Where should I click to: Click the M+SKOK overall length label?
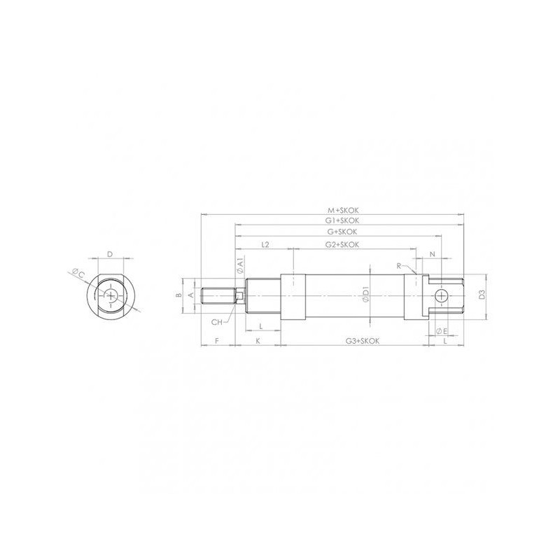343,209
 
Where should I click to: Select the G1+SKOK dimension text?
343,220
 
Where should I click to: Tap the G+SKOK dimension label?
343,232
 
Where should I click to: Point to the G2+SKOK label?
343,245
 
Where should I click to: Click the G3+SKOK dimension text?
363,341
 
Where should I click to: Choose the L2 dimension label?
265,245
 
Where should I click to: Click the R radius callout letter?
398,266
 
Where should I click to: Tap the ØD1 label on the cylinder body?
365,295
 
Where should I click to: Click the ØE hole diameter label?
441,330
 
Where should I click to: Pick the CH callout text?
217,322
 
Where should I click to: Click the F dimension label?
218,341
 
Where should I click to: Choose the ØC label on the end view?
78,273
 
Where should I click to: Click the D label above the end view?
110,254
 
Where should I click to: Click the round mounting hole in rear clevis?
442,296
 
